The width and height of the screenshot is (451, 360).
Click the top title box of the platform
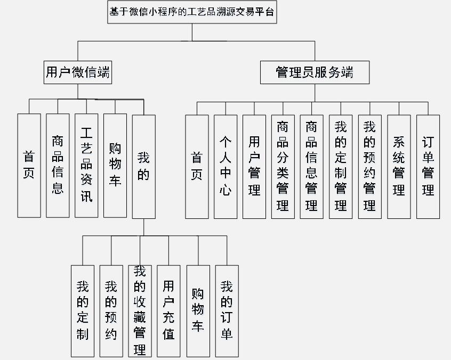[192, 12]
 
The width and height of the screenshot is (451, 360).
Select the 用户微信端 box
[78, 72]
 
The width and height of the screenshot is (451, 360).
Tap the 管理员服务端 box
[315, 72]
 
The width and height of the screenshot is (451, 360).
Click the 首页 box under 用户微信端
[29, 165]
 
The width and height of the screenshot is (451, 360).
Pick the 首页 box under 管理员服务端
[197, 166]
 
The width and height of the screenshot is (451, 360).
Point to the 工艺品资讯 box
[86, 165]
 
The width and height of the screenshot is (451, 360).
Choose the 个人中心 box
[226, 166]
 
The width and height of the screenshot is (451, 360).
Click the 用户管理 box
[254, 166]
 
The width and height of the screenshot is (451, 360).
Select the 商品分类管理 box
[283, 166]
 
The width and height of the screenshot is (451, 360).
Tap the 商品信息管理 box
[312, 166]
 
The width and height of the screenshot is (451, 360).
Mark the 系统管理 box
[399, 166]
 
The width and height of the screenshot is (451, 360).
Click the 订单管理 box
[428, 166]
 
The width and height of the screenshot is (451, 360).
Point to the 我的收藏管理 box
[140, 310]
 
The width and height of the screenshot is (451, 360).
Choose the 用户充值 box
[169, 310]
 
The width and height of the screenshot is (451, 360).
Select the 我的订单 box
[227, 310]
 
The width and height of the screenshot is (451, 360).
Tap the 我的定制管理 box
[341, 166]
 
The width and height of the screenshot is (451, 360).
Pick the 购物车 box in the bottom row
[198, 310]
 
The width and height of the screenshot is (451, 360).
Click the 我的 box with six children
[144, 166]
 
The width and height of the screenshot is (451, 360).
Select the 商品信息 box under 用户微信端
[58, 165]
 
